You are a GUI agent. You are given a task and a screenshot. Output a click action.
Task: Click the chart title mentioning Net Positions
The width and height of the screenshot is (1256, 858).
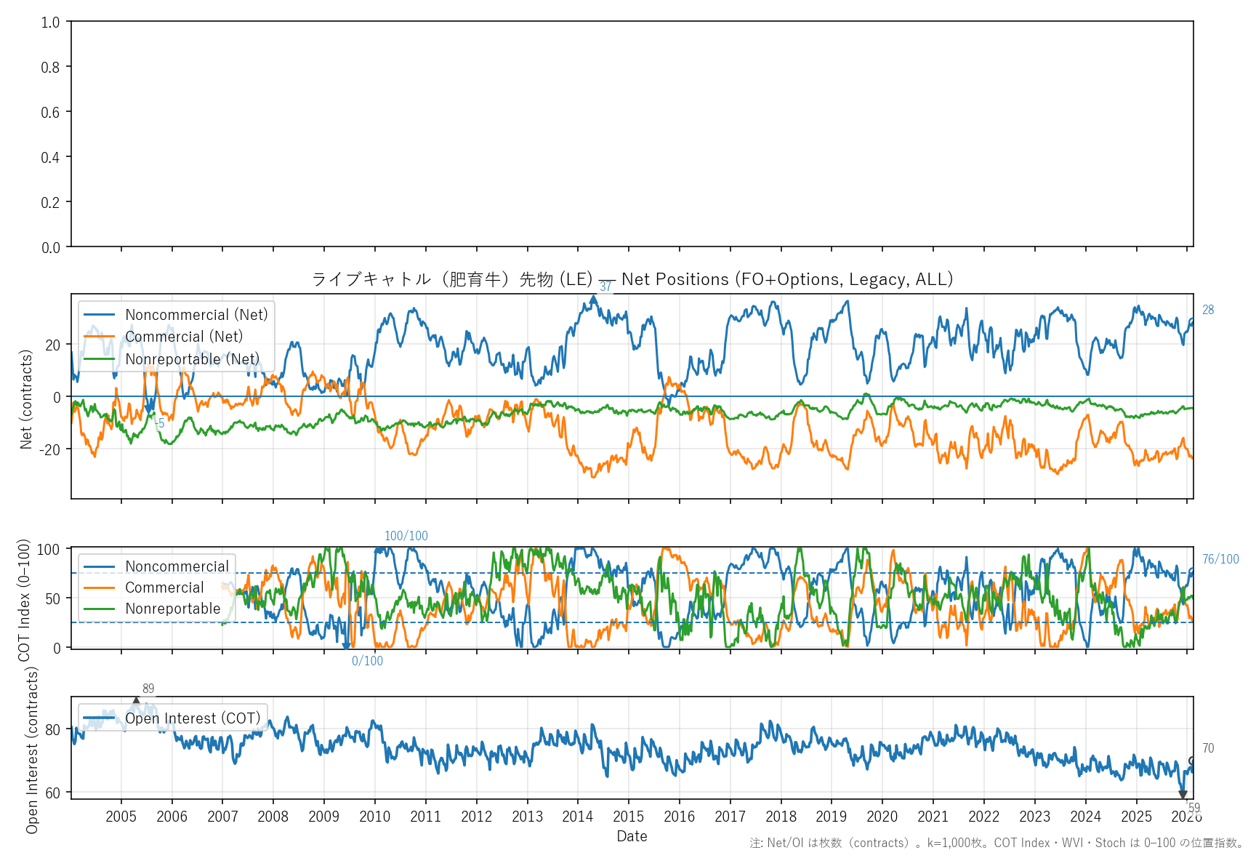632,279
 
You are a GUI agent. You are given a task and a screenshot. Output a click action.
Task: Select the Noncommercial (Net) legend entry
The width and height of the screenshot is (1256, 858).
196,315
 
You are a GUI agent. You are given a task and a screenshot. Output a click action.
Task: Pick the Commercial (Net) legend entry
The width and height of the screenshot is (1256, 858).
184,337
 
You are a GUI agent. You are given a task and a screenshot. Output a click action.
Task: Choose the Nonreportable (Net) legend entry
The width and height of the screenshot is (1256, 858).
192,359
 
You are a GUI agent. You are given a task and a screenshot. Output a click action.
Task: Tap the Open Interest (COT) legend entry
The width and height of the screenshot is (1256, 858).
193,718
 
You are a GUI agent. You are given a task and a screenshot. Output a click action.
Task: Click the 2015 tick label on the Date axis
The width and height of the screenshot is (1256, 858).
628,817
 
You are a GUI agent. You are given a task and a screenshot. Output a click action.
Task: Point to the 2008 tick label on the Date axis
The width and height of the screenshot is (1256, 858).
273,817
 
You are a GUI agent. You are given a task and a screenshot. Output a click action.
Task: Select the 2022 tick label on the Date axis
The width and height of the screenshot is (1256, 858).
983,817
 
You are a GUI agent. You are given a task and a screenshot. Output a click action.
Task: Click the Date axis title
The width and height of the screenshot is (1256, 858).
632,836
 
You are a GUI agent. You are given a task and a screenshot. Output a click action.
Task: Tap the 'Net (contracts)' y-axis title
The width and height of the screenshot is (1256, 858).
26,399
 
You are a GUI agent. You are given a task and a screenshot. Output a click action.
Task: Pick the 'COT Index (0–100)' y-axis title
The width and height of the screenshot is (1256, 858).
25,600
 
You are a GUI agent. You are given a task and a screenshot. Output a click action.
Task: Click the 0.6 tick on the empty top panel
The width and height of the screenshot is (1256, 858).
50,112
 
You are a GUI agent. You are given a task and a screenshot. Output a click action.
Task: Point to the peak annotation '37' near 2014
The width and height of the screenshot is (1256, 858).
605,287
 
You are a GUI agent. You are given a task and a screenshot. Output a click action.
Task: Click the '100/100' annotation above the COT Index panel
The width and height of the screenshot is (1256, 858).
406,536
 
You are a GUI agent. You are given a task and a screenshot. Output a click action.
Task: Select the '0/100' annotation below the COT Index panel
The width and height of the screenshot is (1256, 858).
367,661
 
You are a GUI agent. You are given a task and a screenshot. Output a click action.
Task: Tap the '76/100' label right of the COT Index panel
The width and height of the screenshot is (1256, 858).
1220,559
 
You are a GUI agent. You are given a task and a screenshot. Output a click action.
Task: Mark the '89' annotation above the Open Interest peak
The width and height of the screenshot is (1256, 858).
148,689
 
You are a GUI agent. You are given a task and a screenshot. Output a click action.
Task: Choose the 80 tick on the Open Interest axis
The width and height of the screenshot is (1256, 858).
53,729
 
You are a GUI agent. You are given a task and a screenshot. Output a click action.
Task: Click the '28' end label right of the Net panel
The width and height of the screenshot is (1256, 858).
1208,310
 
